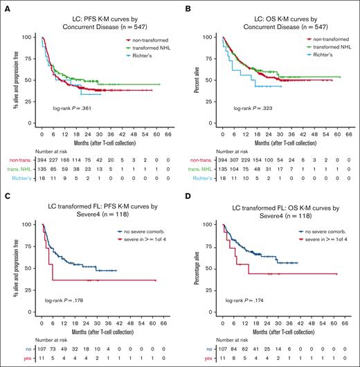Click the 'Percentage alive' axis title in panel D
[191, 267]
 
